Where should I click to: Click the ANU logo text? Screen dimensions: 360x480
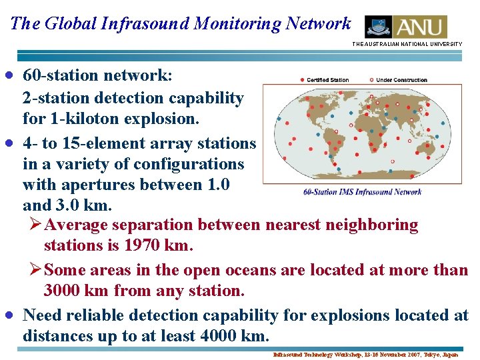coord(420,27)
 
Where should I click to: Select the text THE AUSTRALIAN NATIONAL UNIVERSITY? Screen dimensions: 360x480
coord(407,44)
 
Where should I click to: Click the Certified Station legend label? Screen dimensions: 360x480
coord(327,80)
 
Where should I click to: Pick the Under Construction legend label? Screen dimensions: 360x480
coord(401,80)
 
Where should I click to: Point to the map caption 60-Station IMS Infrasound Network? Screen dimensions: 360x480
coord(362,192)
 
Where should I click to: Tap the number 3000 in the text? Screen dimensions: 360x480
coord(63,291)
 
